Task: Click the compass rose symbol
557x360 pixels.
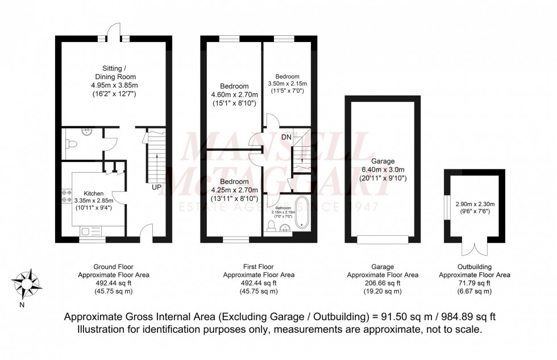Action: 24,283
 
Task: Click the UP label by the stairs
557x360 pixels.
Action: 155,186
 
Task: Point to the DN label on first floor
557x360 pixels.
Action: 286,137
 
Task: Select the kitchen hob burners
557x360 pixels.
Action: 62,196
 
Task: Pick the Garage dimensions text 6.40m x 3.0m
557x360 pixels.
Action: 382,169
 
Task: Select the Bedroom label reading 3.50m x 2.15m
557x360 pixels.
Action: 286,83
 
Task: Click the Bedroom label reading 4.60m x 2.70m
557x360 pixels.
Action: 234,95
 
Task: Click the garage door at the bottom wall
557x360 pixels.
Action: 382,241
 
